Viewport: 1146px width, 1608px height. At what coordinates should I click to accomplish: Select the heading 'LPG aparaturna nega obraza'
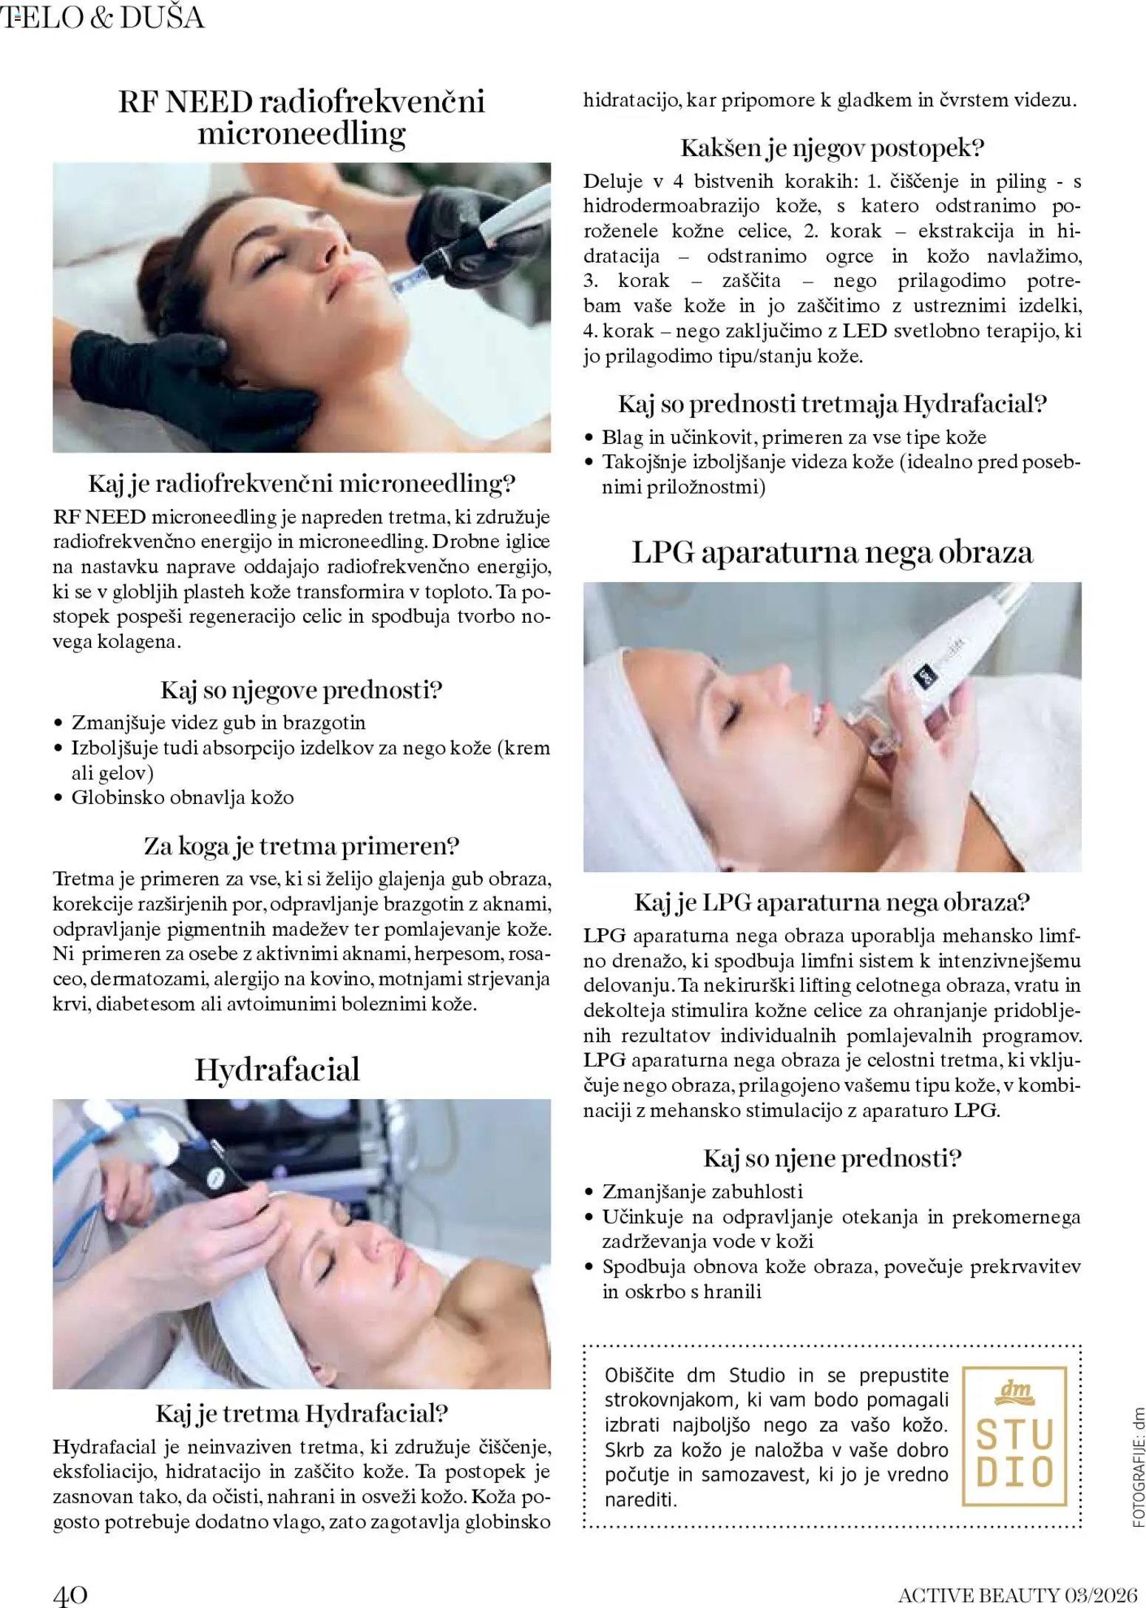(832, 553)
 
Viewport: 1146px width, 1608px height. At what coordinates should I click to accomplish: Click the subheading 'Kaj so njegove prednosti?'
(301, 690)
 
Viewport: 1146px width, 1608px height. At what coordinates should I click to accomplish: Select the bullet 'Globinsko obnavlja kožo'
(182, 797)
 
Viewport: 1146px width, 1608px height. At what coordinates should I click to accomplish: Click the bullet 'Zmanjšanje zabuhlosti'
(702, 1191)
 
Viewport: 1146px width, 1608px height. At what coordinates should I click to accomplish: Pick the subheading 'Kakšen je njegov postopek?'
(832, 148)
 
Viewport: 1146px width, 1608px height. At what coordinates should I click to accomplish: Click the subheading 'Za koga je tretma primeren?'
(301, 845)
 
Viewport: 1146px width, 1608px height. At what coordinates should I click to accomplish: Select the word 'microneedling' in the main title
(301, 134)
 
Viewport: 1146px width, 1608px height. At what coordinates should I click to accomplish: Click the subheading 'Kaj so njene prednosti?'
(832, 1158)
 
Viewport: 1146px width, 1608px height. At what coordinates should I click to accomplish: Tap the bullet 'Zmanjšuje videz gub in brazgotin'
(218, 722)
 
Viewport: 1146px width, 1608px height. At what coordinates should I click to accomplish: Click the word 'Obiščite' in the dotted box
(638, 1375)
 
